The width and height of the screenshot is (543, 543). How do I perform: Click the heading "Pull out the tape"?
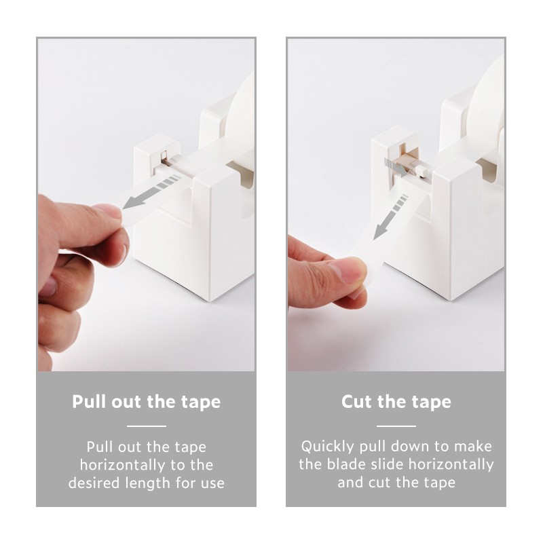point(146,402)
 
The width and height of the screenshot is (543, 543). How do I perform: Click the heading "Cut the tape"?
point(396,402)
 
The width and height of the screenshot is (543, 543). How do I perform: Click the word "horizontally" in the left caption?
point(123,465)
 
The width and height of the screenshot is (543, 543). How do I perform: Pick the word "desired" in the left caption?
point(94,483)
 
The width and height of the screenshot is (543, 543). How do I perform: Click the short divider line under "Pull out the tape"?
point(147,426)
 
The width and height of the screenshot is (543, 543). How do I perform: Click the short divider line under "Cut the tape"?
point(396,426)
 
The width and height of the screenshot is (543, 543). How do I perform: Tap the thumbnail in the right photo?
point(350,271)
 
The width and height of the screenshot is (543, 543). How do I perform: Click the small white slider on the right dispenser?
point(422,171)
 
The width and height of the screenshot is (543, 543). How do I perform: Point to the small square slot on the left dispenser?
point(164,155)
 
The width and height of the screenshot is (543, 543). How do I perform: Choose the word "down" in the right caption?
point(411,447)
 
